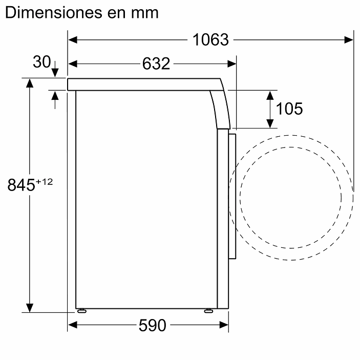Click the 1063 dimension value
click(210, 39)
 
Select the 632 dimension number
click(156, 63)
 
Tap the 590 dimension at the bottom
click(152, 325)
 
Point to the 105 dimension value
click(289, 109)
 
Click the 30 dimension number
click(41, 62)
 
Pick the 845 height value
click(21, 185)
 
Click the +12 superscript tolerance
click(44, 181)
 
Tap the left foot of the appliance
click(81, 311)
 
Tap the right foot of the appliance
click(208, 311)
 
